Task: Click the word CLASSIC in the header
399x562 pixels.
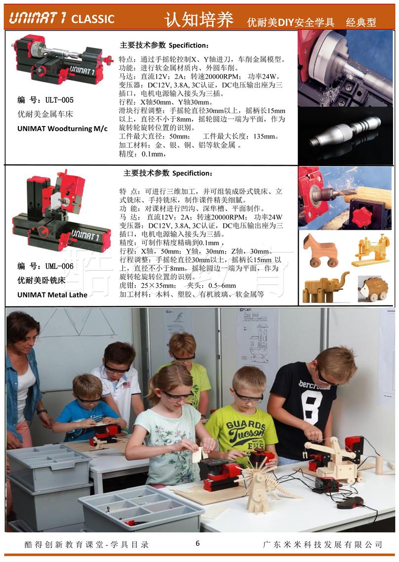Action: (93, 19)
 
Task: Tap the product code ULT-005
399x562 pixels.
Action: (59, 100)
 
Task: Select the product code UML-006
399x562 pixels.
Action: (59, 266)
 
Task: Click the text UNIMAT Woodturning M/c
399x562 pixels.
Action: (62, 129)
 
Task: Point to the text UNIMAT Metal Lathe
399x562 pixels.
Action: (52, 295)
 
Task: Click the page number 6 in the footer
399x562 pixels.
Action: (198, 543)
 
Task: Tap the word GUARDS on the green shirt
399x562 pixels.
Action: (245, 426)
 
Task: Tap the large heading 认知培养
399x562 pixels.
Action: (199, 19)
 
